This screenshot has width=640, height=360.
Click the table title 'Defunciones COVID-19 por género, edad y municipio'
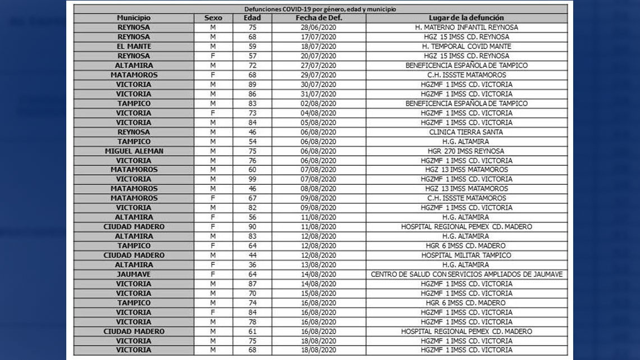320,9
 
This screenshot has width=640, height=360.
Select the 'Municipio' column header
134,18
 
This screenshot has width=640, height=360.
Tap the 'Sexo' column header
213,18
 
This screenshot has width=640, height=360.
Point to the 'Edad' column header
252,18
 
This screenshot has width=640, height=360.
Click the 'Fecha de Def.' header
318,18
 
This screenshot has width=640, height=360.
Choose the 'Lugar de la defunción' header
466,18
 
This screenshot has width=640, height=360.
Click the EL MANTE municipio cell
134,46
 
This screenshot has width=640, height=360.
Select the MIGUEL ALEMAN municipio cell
134,151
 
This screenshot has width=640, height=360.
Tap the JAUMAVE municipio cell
134,275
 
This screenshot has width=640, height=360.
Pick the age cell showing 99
252,179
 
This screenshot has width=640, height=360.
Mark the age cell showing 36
252,265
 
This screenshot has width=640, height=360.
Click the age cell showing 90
252,227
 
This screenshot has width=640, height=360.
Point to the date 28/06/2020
318,28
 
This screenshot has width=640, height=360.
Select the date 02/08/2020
318,103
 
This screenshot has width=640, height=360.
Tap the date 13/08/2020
318,265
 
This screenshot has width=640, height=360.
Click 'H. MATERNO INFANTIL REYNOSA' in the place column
466,28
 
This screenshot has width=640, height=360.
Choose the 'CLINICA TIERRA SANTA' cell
466,132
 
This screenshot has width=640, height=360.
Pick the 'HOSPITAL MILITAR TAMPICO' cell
466,256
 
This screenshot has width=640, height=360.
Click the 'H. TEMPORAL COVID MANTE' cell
466,46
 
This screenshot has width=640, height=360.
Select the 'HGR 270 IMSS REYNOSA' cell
466,151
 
